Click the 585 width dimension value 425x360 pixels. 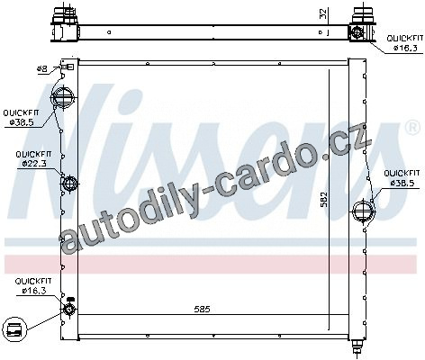click(202, 309)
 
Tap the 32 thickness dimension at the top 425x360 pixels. click(323, 13)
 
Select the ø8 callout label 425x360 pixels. click(42, 69)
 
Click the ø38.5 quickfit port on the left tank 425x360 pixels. click(62, 97)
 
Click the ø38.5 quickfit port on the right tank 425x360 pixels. click(364, 211)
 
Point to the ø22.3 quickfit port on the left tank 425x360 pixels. click(69, 183)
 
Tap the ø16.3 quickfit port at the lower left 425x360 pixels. click(69, 309)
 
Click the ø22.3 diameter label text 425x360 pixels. click(33, 164)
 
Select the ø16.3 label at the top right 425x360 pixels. click(405, 48)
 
